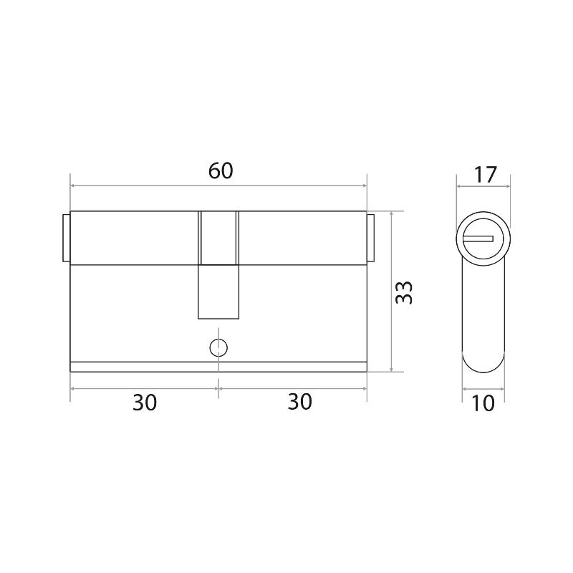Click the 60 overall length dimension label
(221, 171)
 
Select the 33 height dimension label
(404, 292)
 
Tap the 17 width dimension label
(486, 175)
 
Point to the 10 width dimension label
(483, 403)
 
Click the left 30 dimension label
(145, 403)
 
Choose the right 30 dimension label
(300, 402)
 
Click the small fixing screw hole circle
(218, 347)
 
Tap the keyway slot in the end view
(478, 239)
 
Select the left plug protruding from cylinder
(67, 239)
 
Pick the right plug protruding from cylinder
(370, 239)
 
